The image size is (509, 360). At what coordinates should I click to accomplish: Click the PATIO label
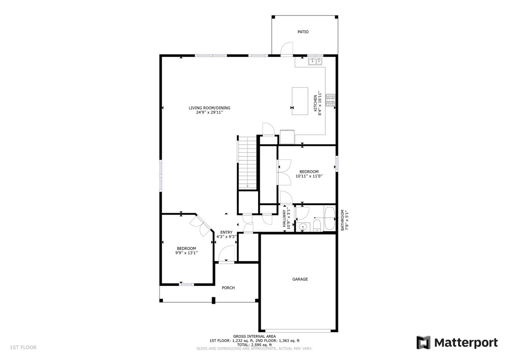point(303,32)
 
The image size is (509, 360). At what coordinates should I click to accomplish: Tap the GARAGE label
point(300,279)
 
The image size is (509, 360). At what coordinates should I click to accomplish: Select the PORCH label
point(228,288)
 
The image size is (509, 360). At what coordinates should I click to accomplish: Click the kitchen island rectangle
point(300,101)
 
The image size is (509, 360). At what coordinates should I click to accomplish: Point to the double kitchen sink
point(316,62)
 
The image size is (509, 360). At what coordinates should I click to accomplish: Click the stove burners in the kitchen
point(331,100)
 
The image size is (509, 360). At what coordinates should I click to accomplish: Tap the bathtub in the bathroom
point(330,219)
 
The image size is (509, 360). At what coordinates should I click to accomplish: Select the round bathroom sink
point(303,227)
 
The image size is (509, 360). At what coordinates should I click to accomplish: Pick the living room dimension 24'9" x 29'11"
point(206,113)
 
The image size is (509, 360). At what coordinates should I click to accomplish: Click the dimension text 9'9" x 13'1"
point(186,253)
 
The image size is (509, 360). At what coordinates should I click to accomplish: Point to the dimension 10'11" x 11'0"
point(309,176)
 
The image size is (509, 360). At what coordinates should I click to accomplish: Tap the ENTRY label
point(227,232)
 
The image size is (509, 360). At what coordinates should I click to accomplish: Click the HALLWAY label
point(284,218)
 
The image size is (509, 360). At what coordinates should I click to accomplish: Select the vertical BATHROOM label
point(342,220)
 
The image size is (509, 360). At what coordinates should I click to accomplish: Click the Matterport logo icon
point(423,343)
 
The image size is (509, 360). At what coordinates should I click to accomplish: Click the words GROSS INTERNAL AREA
point(254,336)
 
